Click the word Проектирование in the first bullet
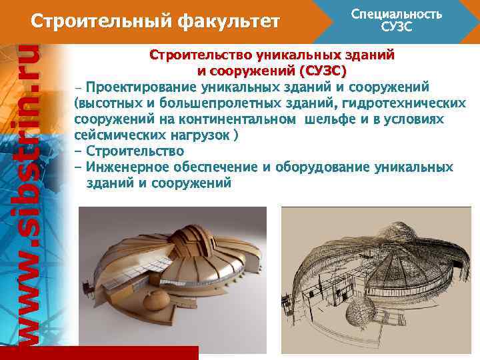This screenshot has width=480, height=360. (133, 87)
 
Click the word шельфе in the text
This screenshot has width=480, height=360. (329, 119)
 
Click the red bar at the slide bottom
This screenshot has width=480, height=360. (99, 353)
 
